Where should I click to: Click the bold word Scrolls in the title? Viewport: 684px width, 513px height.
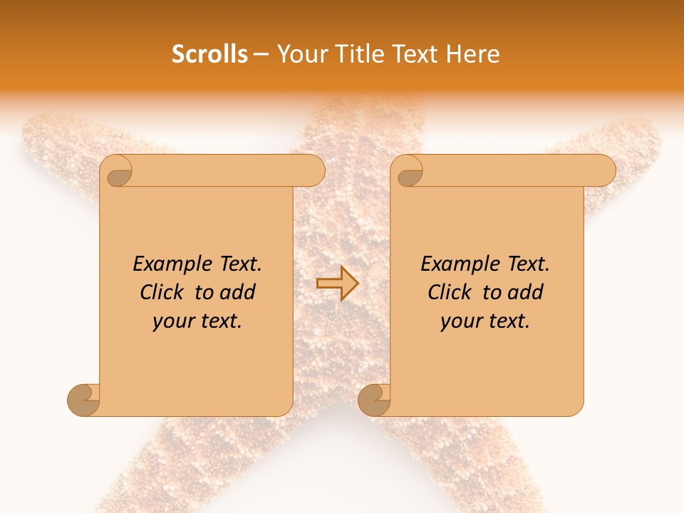(209, 54)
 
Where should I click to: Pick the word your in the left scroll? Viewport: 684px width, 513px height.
(173, 321)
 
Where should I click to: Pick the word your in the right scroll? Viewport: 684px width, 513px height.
(461, 321)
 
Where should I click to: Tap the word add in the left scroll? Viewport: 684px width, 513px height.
(237, 292)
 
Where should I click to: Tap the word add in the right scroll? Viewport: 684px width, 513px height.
(524, 292)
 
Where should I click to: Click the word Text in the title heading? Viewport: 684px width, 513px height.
(415, 54)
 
